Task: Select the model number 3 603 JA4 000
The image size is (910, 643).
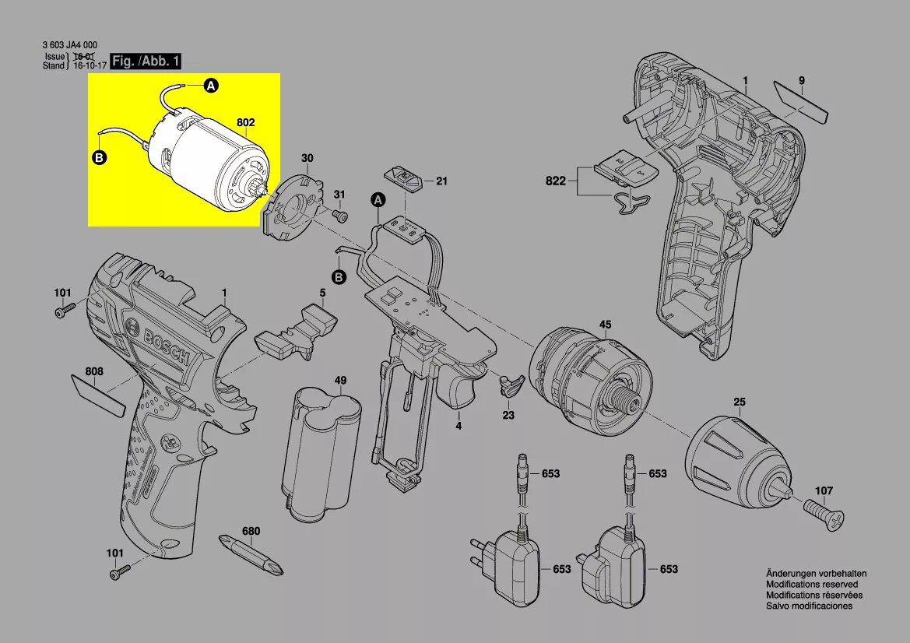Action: [69, 46]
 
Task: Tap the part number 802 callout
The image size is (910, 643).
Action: [246, 122]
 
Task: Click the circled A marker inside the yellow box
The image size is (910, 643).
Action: [212, 86]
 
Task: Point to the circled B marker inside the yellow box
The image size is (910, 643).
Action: [99, 157]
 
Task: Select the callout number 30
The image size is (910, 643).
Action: [307, 158]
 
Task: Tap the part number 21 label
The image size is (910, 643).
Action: [441, 181]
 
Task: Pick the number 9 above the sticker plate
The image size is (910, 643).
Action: [801, 81]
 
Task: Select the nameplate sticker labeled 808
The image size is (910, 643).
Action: [98, 394]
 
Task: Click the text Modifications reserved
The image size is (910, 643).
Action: [812, 584]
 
